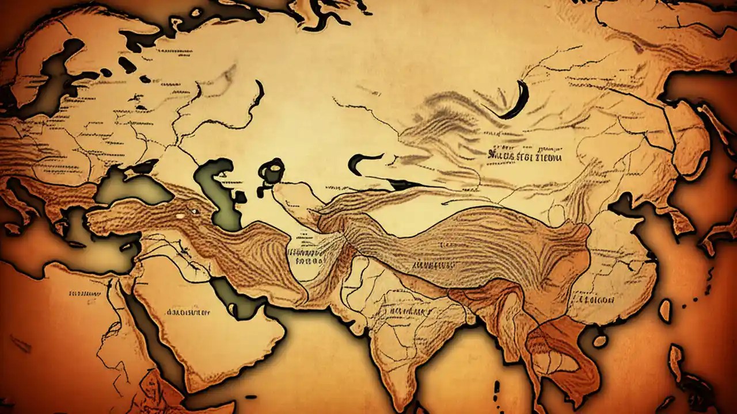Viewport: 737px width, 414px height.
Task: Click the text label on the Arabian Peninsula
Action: [188, 312]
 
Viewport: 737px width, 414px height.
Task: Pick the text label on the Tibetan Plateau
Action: [431, 266]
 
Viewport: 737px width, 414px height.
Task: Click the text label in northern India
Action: [412, 310]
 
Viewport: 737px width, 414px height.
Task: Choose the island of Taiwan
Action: [665, 310]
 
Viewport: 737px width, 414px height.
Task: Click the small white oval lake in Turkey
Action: [180, 216]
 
